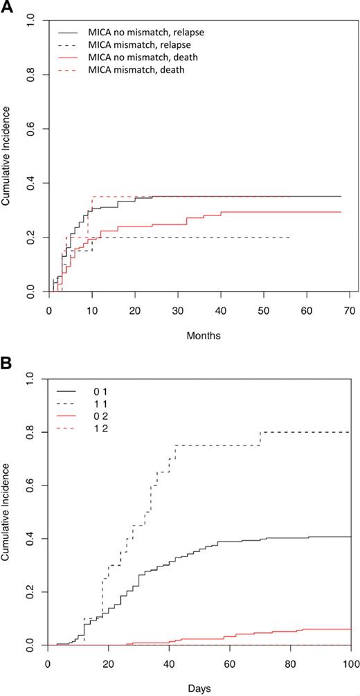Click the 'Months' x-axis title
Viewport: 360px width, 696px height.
pos(199,334)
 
